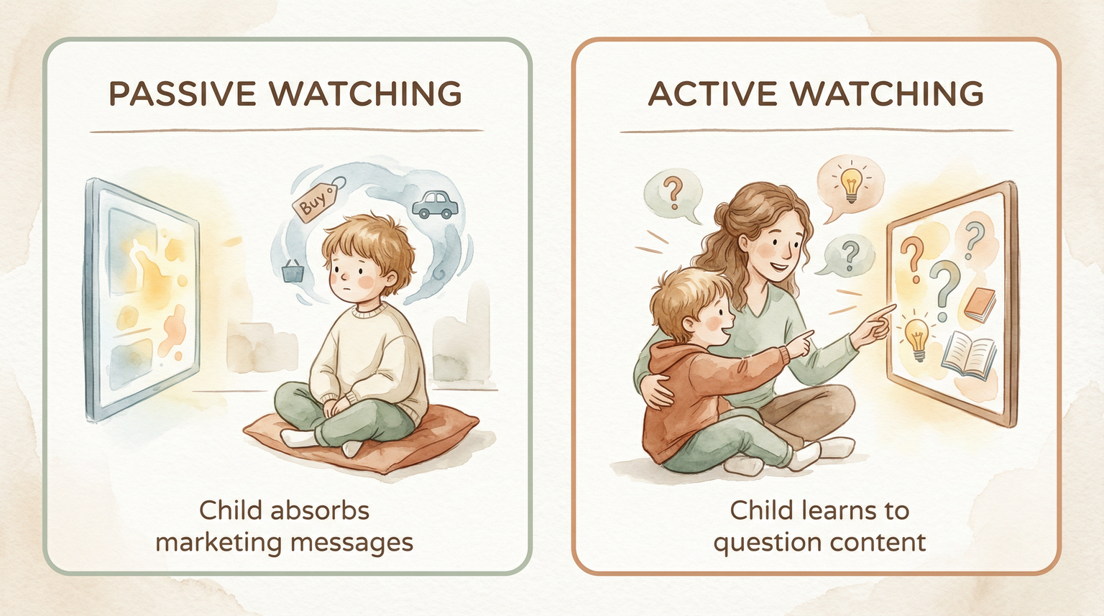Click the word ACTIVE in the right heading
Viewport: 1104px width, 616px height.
coord(712,94)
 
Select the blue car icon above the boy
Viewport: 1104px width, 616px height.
coord(436,204)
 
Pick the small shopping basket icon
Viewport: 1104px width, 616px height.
coord(292,271)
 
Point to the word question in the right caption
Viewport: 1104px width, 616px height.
coord(760,542)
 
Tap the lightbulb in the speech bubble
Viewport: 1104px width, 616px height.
coord(851,183)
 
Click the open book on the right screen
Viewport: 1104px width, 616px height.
coord(969,354)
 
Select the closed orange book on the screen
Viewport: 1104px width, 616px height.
coord(980,304)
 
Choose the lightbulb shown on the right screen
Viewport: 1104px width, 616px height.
coord(916,338)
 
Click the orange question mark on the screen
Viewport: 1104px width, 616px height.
coord(912,258)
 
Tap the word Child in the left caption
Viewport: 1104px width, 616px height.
coord(230,510)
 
